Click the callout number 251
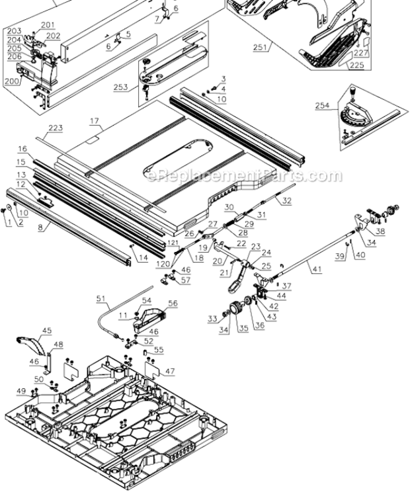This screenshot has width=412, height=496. [x=261, y=47]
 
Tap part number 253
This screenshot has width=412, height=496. [x=121, y=87]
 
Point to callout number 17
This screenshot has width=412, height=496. [x=94, y=121]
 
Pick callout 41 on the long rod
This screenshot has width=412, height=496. [x=317, y=269]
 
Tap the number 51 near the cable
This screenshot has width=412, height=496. [x=101, y=299]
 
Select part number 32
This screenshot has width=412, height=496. [x=286, y=199]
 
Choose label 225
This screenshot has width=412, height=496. [x=357, y=65]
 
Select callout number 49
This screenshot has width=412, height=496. [x=22, y=391]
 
